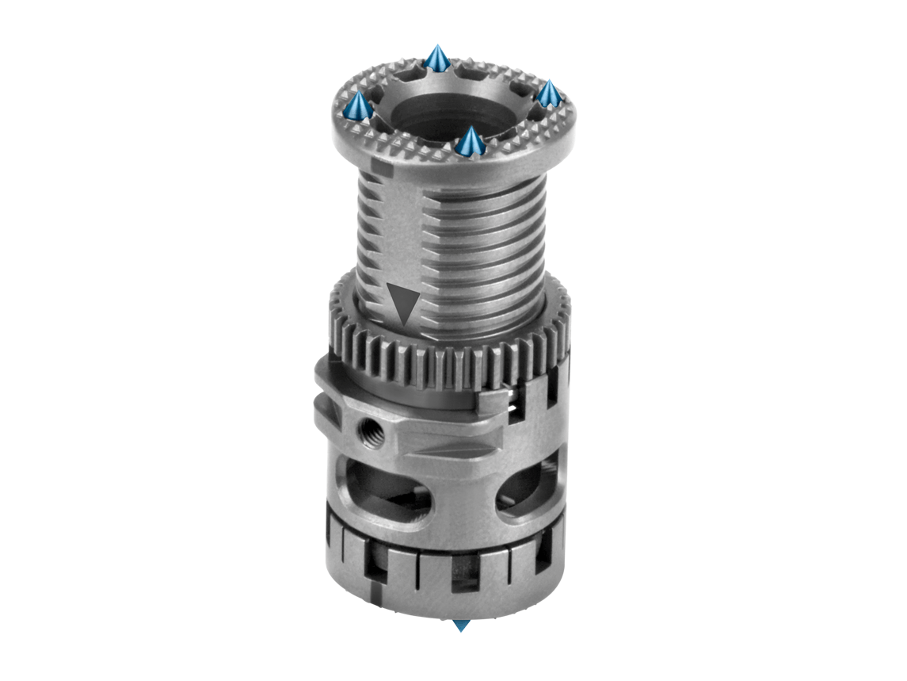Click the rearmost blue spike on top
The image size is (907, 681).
437,59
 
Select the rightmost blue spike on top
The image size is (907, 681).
549,94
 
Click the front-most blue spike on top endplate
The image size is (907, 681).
471,143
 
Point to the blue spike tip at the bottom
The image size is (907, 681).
460,626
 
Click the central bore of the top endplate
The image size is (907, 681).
448,115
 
